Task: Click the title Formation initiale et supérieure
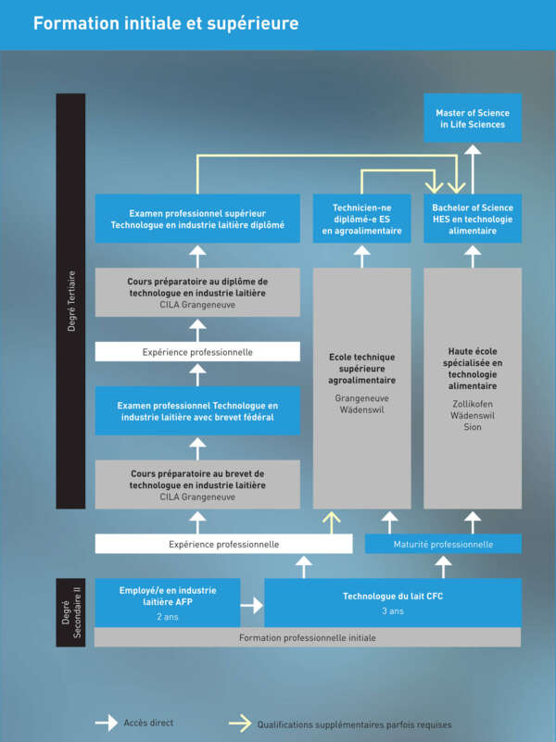tap(166, 23)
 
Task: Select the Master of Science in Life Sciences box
tap(473, 118)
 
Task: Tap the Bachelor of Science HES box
tap(473, 219)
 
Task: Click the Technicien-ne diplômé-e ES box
tap(361, 219)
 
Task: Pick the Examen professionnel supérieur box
tap(197, 219)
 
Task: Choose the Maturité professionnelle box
tap(444, 544)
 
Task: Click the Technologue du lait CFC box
tap(392, 602)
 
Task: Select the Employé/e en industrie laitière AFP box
tap(168, 602)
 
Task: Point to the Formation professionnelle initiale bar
tap(307, 637)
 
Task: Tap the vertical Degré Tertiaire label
tap(70, 301)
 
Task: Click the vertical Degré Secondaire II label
tap(70, 612)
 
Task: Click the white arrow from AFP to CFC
tap(251, 605)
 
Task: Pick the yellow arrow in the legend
tap(239, 723)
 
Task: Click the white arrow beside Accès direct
tap(107, 723)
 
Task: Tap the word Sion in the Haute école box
tap(473, 427)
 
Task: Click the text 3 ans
tap(392, 611)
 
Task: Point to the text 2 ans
tap(168, 615)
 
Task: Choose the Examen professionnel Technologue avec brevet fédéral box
tap(197, 411)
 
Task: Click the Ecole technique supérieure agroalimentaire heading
tap(361, 368)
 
